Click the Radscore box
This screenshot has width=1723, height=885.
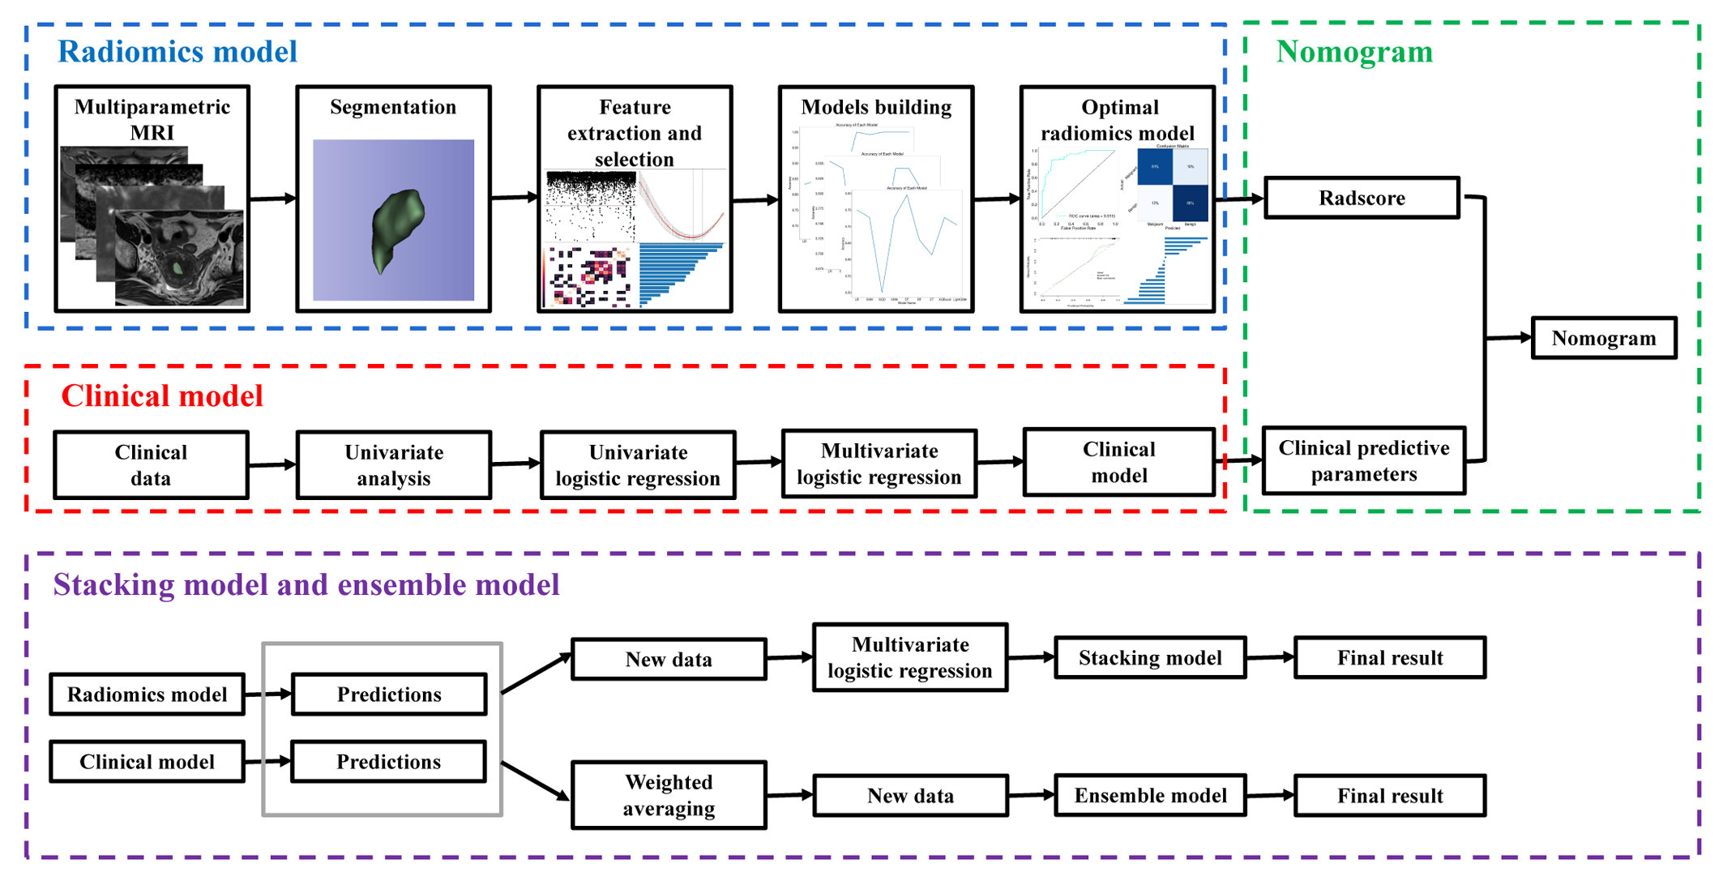click(x=1362, y=198)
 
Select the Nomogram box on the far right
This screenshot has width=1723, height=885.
click(x=1603, y=338)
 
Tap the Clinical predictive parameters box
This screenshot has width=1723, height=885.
click(x=1364, y=461)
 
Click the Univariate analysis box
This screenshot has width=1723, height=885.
click(x=394, y=465)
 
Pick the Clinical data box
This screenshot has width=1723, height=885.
click(x=151, y=465)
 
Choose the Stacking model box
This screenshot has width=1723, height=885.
click(x=1150, y=657)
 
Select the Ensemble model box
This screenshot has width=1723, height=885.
click(x=1150, y=795)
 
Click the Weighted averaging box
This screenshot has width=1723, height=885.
click(x=669, y=795)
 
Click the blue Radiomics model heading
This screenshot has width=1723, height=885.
click(x=177, y=52)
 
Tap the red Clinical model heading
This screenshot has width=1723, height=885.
click(x=162, y=395)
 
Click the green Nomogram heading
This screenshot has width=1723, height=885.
click(x=1354, y=52)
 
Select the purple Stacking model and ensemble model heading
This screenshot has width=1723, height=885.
click(x=306, y=584)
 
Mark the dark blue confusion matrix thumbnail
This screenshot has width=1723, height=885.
click(x=1172, y=185)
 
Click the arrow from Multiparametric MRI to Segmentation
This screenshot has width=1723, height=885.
click(x=272, y=198)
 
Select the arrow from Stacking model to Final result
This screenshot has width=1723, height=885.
click(x=1270, y=657)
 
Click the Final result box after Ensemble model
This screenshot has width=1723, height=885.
click(x=1390, y=795)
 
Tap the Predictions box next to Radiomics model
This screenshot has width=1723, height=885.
click(x=389, y=695)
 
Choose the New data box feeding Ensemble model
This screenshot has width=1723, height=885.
click(x=910, y=795)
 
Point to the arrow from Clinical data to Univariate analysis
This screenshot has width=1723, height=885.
click(x=272, y=465)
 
